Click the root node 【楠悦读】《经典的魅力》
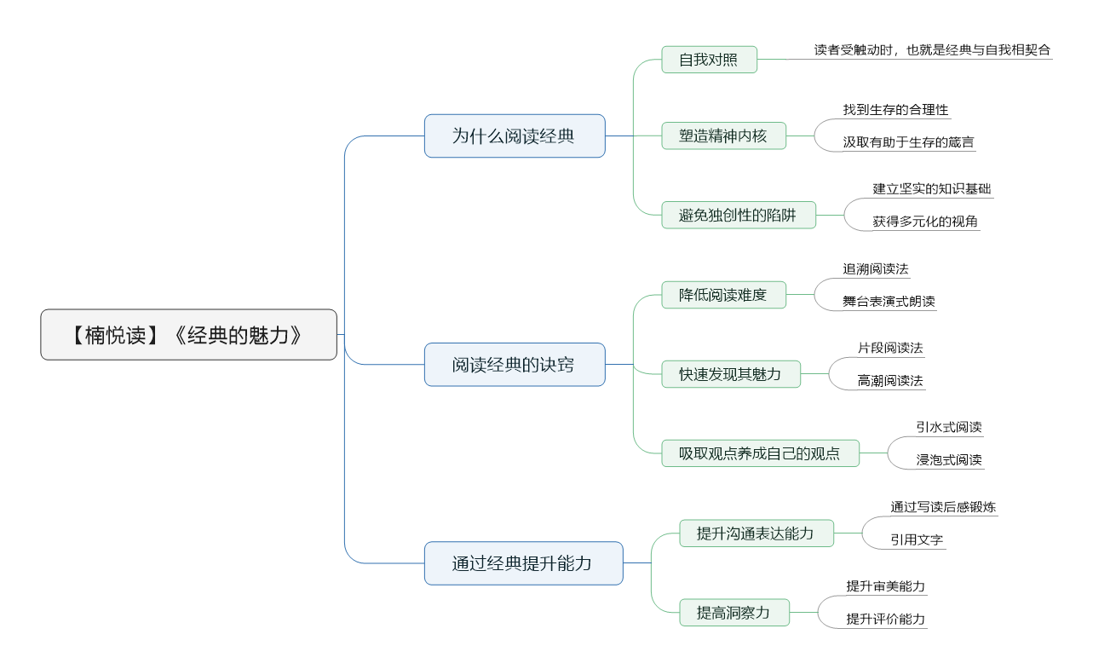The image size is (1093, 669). click(x=189, y=335)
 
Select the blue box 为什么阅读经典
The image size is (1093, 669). click(x=515, y=136)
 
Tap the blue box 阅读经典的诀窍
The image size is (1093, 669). click(x=515, y=365)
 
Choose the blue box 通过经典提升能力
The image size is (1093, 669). click(x=524, y=563)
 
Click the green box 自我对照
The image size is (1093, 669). click(x=710, y=60)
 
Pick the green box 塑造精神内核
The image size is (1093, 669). click(x=723, y=136)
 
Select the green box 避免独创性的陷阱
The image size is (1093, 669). click(x=739, y=216)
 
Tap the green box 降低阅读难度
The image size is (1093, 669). click(x=723, y=295)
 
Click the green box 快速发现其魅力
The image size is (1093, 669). click(x=731, y=374)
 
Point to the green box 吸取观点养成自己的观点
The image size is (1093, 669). click(x=760, y=453)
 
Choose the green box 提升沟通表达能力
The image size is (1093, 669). click(x=756, y=533)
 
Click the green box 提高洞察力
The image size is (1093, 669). click(x=734, y=613)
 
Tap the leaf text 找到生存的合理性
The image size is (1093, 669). click(x=896, y=110)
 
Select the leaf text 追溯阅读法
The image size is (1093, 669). click(x=876, y=268)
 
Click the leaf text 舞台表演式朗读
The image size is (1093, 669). click(x=889, y=302)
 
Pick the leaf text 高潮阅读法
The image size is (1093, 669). click(x=890, y=381)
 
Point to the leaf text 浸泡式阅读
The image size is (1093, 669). click(x=949, y=459)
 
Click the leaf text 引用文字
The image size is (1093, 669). click(x=917, y=539)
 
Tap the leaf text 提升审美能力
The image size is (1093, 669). click(x=886, y=586)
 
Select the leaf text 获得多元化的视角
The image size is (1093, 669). click(x=925, y=222)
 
